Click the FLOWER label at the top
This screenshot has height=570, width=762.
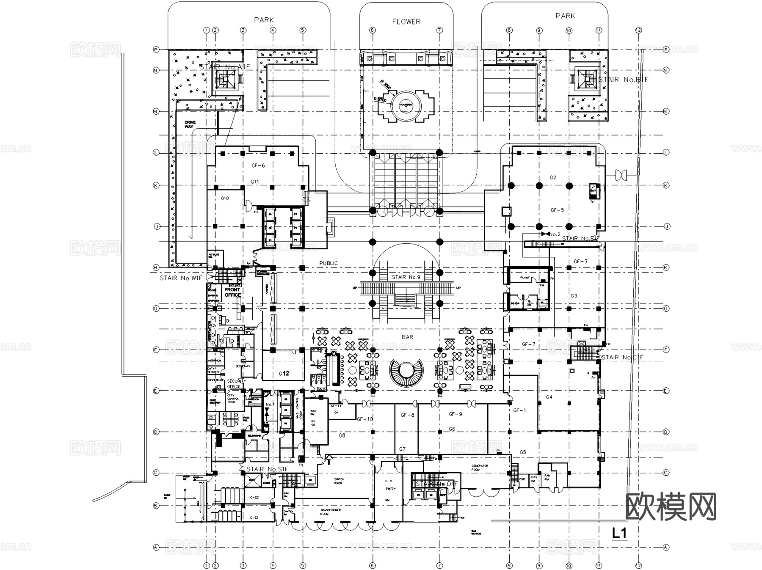click(x=406, y=22)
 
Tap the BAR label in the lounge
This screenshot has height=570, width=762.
click(x=407, y=337)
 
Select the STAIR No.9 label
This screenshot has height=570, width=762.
click(x=406, y=277)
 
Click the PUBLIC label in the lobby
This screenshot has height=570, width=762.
click(x=329, y=263)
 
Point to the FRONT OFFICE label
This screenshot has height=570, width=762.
click(x=232, y=292)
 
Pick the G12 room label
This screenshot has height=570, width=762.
click(x=284, y=373)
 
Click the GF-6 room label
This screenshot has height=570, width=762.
click(x=258, y=165)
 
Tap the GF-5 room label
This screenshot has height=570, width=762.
click(x=557, y=210)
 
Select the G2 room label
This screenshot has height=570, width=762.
click(x=553, y=177)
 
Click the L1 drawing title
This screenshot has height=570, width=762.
click(x=619, y=533)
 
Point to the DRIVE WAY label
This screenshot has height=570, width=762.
click(x=190, y=124)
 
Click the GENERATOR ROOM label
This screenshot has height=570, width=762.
click(x=480, y=468)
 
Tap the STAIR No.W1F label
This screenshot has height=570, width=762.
click(x=181, y=278)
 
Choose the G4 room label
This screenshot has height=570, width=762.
click(x=549, y=397)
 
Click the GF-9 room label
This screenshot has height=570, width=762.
click(x=455, y=414)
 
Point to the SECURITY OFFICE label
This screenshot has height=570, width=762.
click(x=236, y=383)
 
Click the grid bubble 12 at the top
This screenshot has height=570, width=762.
click(x=638, y=30)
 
